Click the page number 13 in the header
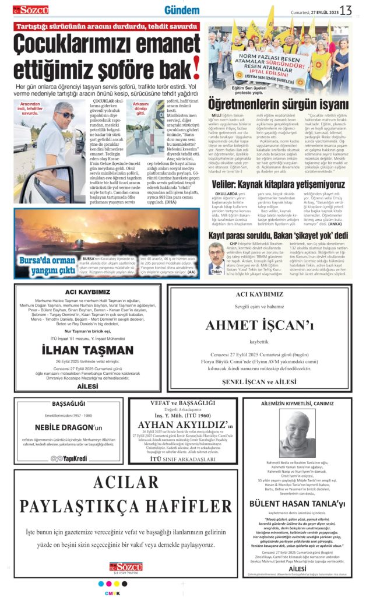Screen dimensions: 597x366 point(346,10)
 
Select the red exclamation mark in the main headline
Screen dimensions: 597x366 point(196,65)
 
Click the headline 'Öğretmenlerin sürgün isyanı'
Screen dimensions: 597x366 point(278,104)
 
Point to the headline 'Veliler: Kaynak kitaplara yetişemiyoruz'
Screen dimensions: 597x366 point(278,185)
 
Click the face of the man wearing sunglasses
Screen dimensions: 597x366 point(64,115)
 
